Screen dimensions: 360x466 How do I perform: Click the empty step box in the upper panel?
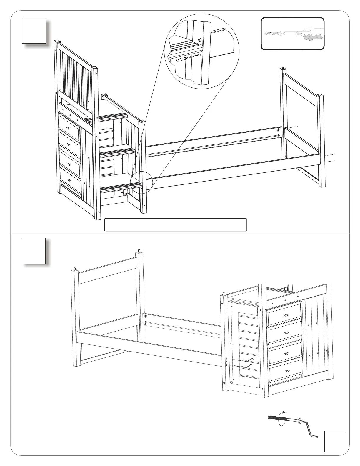34,30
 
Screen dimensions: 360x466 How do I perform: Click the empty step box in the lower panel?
33,251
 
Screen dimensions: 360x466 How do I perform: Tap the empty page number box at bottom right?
335,441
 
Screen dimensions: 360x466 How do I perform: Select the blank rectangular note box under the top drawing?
175,225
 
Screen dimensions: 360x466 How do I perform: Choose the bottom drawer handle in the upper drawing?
69,180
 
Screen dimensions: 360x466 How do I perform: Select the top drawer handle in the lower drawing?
286,315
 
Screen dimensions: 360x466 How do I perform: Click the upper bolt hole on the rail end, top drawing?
279,129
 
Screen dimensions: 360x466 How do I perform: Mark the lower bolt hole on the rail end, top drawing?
279,136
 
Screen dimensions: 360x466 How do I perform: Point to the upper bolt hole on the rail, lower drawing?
146,316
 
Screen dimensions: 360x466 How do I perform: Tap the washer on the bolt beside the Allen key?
300,420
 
